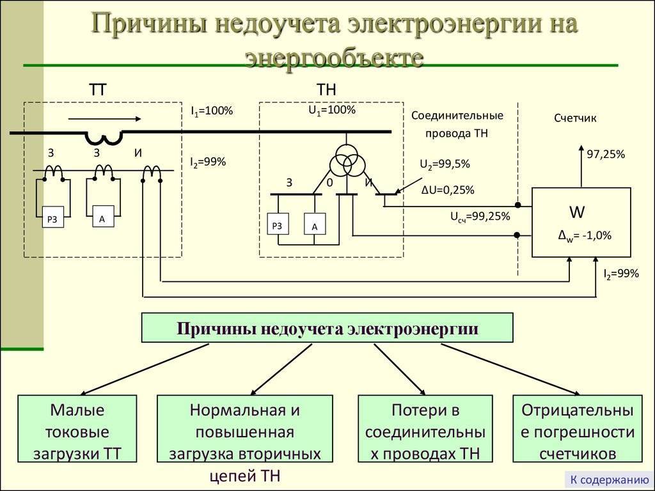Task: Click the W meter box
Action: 581,222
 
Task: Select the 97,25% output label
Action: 606,154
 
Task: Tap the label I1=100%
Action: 212,111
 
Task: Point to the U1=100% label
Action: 331,110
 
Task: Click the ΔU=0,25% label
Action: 448,190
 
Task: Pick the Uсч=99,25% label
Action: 480,217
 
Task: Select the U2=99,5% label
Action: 445,164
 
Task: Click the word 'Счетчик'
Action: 575,118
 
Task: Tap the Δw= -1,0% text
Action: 585,235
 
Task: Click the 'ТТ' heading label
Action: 97,90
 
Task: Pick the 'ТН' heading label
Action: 326,90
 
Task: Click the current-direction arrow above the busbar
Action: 104,119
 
